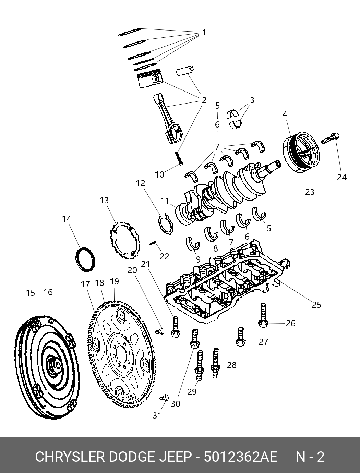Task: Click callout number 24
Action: click(341, 177)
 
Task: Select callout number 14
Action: click(67, 218)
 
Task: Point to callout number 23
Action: click(309, 192)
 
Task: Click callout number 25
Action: click(316, 304)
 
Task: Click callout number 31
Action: click(157, 415)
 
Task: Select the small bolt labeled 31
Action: click(164, 397)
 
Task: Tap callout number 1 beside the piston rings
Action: click(204, 33)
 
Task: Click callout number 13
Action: click(104, 200)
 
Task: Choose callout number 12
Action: click(141, 183)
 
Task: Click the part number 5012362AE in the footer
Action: click(240, 457)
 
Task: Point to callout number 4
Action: click(285, 114)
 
